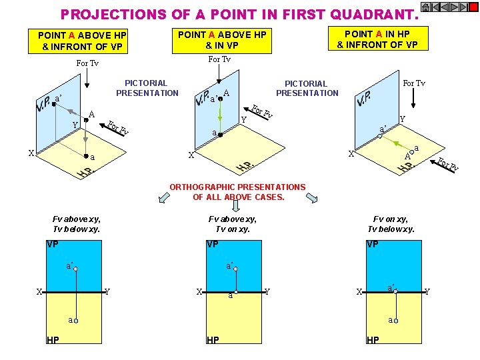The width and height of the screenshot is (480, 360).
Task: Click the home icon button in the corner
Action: (x=425, y=7)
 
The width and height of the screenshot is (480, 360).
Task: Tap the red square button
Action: (x=473, y=7)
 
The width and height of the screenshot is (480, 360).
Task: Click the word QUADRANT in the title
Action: (x=375, y=15)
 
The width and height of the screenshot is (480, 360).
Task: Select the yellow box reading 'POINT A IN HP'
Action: (x=378, y=39)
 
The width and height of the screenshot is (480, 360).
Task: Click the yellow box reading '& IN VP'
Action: (x=222, y=41)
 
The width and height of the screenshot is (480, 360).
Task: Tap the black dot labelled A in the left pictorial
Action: (x=86, y=120)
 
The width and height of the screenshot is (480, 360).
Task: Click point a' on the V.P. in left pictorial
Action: (x=54, y=104)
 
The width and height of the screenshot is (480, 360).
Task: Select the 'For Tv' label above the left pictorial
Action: (x=87, y=63)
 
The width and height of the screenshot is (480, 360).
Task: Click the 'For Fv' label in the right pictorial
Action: (x=448, y=164)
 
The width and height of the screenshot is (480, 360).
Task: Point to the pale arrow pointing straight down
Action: (x=236, y=205)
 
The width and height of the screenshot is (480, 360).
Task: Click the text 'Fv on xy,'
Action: (x=390, y=219)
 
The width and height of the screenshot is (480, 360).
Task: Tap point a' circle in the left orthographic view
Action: (x=75, y=269)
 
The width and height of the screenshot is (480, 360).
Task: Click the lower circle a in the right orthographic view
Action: (x=396, y=321)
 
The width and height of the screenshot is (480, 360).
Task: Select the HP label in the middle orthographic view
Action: (x=213, y=340)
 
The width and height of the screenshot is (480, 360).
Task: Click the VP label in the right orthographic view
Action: (x=372, y=244)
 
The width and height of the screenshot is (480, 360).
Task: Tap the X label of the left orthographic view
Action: (x=39, y=292)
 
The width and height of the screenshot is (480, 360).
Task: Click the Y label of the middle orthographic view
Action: (x=267, y=292)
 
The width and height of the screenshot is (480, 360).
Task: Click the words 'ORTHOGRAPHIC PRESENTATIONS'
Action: (x=237, y=187)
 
